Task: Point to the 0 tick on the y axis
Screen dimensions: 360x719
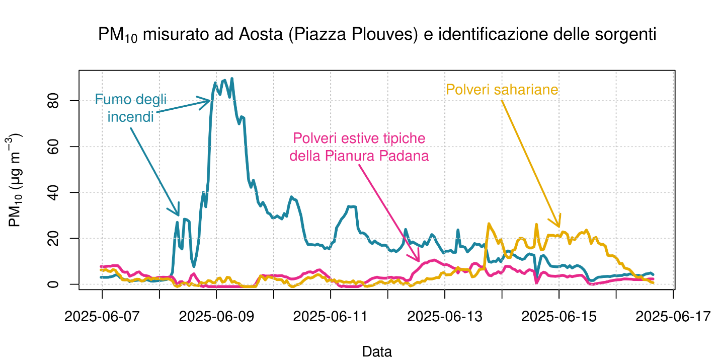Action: coord(55,284)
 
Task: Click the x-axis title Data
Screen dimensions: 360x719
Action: coord(377,351)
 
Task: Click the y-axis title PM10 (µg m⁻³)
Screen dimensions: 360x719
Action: coord(15,180)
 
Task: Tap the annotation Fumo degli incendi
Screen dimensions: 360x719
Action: coord(130,108)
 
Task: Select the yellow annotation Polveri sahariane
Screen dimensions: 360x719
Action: coord(502,90)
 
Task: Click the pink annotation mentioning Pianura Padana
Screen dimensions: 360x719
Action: coord(359,147)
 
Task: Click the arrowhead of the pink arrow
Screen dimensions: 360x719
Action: coord(419,261)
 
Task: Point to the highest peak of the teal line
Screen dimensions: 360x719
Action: coord(231,79)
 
